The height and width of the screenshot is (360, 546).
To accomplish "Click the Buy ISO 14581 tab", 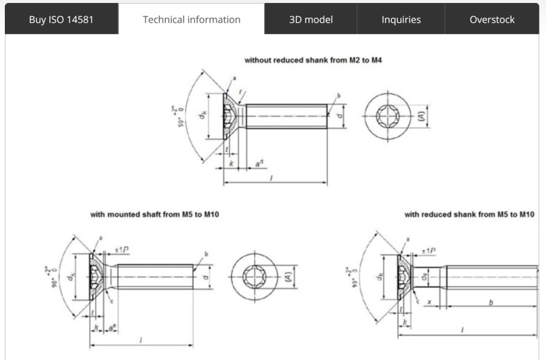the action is click(61, 19).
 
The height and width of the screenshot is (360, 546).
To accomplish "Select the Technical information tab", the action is click(191, 19).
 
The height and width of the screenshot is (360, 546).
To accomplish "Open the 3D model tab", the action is click(310, 19).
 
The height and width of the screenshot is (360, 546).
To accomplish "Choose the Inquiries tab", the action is click(401, 19).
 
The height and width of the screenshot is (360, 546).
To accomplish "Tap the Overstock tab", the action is click(492, 19).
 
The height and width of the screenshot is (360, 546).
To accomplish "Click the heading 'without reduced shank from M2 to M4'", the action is click(313, 61).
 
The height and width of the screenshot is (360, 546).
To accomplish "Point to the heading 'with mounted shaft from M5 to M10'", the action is click(155, 215).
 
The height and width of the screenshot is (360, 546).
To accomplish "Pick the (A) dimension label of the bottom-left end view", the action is click(288, 277).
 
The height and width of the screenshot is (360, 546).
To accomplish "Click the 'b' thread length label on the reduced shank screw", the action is click(491, 304).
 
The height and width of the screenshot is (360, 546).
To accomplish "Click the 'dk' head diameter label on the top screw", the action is click(204, 116).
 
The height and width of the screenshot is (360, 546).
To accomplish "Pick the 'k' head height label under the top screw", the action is click(231, 163).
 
